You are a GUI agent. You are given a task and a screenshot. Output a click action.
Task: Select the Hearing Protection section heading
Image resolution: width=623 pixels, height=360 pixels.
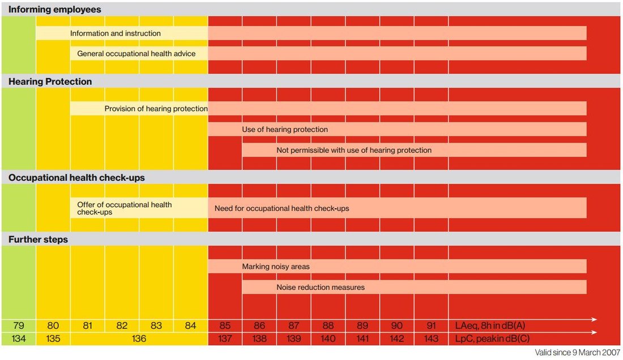point(50,82)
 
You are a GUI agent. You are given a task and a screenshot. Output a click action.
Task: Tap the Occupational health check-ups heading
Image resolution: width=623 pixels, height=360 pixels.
point(76,177)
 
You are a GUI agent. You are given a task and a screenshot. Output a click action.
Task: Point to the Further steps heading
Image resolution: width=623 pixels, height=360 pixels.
point(38,239)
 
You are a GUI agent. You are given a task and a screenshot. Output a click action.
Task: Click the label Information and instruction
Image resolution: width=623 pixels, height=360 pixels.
point(116,33)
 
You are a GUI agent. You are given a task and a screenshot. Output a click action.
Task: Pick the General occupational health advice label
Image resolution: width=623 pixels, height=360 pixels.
point(136,54)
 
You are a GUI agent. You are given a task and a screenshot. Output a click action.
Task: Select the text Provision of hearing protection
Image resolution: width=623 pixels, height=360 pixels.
point(156,108)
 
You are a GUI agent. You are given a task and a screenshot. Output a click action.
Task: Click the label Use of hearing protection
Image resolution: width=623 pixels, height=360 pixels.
point(285,129)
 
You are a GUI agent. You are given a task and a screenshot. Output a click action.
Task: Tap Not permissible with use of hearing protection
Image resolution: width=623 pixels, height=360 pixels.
point(354,150)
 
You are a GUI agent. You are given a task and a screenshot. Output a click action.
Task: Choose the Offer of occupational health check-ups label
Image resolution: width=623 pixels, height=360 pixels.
point(125,208)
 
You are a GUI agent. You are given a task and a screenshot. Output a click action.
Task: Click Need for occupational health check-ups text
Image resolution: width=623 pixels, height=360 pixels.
point(281,208)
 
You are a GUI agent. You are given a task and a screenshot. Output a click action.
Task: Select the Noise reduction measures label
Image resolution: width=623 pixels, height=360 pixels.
point(321,287)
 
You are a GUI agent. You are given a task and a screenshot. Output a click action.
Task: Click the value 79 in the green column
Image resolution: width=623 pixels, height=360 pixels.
point(19,326)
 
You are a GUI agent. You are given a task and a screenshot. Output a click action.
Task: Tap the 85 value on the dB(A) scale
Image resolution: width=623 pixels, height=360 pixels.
point(225,326)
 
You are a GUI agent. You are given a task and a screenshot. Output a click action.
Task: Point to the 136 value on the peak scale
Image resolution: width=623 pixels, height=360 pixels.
point(139,338)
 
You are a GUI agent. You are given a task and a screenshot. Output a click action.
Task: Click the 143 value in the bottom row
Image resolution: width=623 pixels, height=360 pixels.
point(432,338)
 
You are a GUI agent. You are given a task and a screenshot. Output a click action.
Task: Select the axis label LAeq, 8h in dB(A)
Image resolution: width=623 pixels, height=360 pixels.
point(490,326)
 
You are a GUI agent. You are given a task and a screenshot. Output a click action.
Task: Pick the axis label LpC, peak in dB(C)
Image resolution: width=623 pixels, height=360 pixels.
point(492,338)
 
